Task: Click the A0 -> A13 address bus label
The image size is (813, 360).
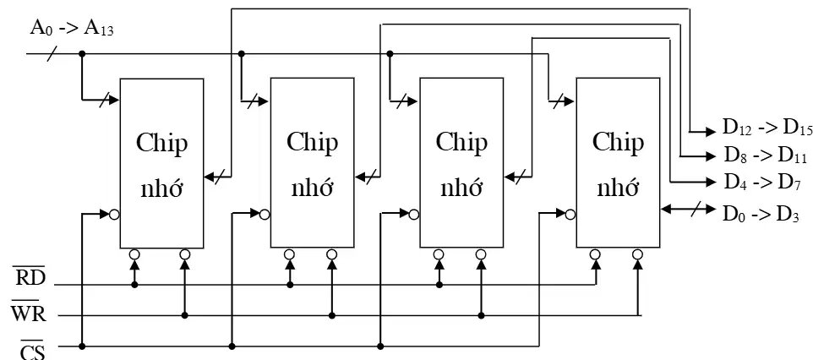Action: [72, 28]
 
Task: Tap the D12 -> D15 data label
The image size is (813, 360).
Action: [767, 128]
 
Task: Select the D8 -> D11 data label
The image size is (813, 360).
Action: [766, 155]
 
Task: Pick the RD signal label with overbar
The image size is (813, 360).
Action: [30, 278]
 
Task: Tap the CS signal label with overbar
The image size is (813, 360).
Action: [32, 348]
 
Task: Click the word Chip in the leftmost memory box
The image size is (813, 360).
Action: [161, 143]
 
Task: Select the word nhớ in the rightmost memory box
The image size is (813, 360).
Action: [618, 188]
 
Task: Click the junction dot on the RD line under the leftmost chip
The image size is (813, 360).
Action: [135, 285]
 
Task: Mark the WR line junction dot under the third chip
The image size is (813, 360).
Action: [481, 315]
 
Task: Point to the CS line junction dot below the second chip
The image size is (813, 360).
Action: [232, 346]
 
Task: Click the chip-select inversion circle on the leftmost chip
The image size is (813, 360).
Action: [115, 214]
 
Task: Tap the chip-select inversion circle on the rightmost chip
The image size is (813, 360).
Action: [570, 214]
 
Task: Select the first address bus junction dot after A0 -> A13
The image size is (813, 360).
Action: [82, 53]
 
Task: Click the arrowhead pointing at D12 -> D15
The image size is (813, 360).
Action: [710, 132]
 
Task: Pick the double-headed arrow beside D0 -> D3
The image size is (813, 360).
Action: [689, 210]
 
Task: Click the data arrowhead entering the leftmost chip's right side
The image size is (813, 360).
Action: [210, 177]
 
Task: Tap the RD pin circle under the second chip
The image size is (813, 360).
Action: [290, 254]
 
